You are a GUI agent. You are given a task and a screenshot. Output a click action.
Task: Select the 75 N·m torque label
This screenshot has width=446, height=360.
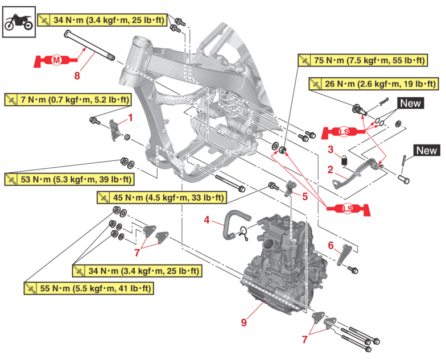361,60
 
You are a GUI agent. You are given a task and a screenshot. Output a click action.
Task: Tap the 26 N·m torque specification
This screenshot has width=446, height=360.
373,85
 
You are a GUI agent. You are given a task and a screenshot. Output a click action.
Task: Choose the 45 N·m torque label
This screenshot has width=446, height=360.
161,198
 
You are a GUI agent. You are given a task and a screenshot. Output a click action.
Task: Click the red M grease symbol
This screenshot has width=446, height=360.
56,60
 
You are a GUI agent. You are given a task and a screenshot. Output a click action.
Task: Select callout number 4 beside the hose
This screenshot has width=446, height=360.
207,219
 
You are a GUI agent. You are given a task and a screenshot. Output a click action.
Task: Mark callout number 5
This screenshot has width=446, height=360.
304,196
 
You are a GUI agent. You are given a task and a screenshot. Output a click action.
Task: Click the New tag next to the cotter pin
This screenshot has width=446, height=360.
426,151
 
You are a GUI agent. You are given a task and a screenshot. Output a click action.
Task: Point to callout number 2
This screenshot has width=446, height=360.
330,169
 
